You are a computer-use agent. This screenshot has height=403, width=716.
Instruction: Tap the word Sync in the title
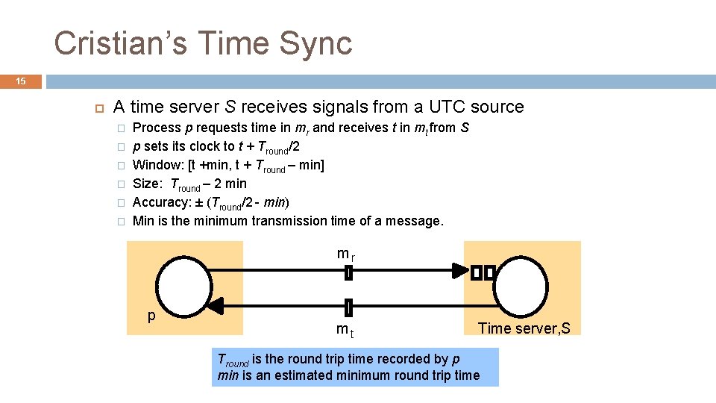tap(317, 43)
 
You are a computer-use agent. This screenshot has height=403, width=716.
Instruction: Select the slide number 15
tap(22, 81)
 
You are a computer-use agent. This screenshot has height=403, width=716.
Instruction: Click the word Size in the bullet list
tap(145, 184)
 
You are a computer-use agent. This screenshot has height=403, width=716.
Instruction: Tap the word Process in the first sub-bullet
tap(157, 128)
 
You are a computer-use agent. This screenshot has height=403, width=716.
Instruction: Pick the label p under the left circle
tap(151, 316)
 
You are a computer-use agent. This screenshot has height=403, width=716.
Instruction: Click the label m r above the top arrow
tap(345, 254)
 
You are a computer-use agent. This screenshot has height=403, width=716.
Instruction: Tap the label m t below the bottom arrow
tap(344, 329)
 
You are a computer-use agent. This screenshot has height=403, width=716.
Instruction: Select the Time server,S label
tap(524, 328)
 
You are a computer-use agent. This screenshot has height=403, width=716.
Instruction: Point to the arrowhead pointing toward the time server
tap(458, 272)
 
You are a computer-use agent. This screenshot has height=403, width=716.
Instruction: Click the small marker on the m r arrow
tap(348, 273)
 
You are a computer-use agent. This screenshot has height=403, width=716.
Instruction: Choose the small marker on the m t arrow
tap(348, 306)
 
